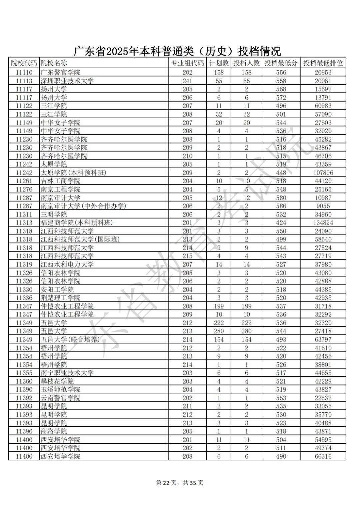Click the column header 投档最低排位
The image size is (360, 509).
click(x=323, y=63)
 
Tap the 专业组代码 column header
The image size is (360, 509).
click(x=187, y=63)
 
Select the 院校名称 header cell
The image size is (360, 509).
click(x=54, y=63)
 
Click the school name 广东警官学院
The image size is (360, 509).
click(x=60, y=73)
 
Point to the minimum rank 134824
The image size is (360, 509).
click(x=323, y=223)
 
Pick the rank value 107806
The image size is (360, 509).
click(x=323, y=173)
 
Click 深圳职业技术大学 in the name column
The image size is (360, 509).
click(x=67, y=81)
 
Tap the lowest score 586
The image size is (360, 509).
click(x=281, y=206)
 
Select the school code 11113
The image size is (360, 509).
click(x=24, y=81)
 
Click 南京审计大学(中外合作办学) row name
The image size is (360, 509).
click(x=83, y=206)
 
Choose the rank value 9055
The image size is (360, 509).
click(x=323, y=206)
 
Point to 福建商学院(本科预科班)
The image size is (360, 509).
click(x=77, y=223)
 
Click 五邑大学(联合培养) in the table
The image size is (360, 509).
click(x=70, y=340)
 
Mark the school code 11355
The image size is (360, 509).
click(x=24, y=373)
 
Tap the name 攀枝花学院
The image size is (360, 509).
click(x=57, y=381)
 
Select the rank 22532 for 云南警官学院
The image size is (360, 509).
click(x=323, y=398)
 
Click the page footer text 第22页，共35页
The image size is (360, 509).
click(x=180, y=483)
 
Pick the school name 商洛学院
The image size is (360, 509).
click(x=54, y=431)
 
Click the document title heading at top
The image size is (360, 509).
click(x=177, y=51)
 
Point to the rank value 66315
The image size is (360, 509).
click(x=323, y=456)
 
